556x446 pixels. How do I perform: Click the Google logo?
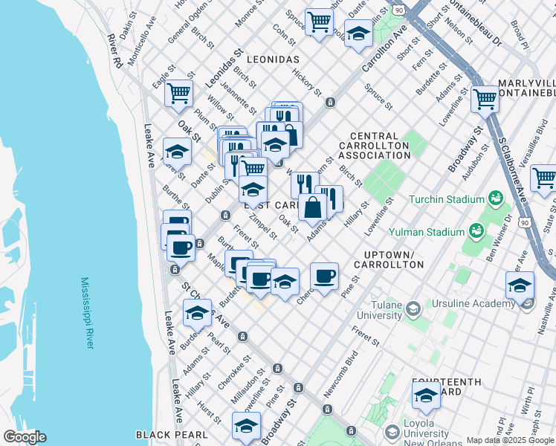pos(25,437)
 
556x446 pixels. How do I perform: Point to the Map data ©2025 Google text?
pos(510,440)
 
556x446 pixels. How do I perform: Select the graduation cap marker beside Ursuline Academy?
pos(520,285)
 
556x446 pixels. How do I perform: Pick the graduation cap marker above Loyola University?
pos(425,395)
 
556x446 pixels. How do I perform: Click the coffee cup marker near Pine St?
pos(324,277)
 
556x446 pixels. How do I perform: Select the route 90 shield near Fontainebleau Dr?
pos(399,10)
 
